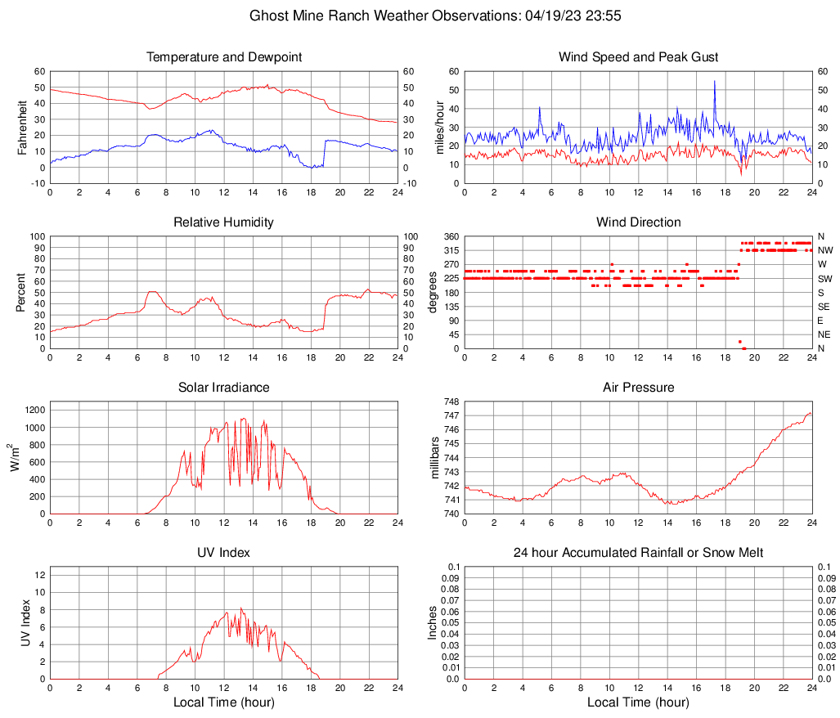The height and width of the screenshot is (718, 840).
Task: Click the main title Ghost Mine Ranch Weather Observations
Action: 424,16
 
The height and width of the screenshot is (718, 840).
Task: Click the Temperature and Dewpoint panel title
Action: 223,57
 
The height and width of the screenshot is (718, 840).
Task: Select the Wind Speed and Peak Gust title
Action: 638,57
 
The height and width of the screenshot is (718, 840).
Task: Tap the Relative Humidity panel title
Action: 223,222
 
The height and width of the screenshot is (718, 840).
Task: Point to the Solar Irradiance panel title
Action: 223,388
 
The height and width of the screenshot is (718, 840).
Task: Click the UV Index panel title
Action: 223,553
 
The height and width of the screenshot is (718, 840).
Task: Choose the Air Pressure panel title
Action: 638,388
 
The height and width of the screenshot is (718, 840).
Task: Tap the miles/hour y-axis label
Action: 438,128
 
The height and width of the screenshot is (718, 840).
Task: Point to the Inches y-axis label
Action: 433,623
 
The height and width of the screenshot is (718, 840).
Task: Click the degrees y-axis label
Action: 433,293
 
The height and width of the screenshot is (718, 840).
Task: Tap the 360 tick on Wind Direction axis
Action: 452,237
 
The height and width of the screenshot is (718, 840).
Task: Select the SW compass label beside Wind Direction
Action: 824,279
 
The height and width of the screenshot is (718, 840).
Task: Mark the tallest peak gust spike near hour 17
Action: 715,82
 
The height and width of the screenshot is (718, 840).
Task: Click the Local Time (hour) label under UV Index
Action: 223,702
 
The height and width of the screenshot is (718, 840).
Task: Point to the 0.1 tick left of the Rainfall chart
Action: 453,567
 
